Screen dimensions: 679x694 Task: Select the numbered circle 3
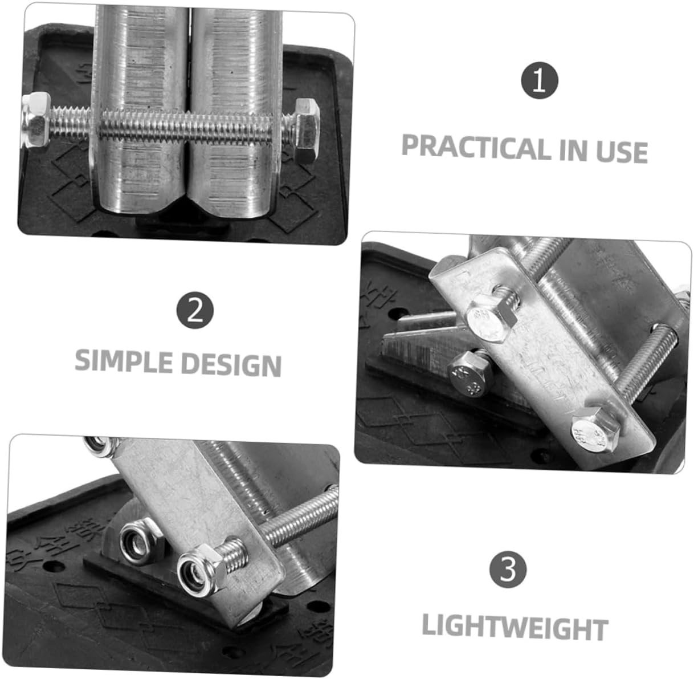pos(508,570)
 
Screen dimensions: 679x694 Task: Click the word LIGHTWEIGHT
pos(515,627)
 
